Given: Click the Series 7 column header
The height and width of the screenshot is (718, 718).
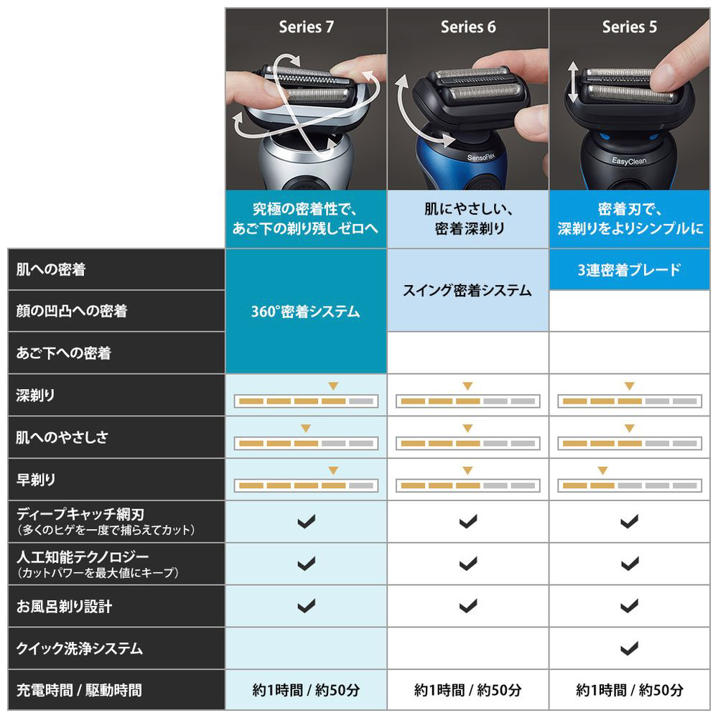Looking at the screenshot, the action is [x=306, y=27].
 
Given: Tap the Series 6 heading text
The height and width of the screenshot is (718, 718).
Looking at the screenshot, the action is [x=468, y=27].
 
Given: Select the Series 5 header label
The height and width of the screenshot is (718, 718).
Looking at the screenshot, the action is [x=629, y=27].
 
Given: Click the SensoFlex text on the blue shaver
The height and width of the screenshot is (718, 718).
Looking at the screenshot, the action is [x=481, y=157].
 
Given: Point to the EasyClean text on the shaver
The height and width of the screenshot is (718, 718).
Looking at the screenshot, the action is [x=629, y=161].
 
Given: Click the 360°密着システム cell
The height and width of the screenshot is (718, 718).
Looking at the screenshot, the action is [x=306, y=312].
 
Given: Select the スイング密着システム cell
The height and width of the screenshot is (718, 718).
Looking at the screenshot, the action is [x=467, y=290].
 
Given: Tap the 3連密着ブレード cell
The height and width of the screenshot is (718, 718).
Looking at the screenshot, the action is [x=629, y=270].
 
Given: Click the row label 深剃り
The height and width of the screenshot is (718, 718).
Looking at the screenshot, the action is [x=35, y=395].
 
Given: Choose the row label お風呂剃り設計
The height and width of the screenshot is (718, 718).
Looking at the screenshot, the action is [x=64, y=606].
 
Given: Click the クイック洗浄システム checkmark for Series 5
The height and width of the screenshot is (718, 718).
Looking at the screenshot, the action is [x=629, y=648].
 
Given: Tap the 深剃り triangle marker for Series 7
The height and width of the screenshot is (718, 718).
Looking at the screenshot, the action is [x=333, y=386].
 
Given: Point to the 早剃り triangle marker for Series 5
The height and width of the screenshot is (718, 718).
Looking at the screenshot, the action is [x=602, y=470].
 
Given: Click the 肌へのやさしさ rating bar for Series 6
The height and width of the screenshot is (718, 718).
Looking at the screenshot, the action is [x=467, y=443].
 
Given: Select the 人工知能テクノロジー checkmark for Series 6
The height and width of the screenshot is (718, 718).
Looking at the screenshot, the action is [x=468, y=563].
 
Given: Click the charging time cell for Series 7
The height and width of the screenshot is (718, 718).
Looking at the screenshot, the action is [x=306, y=689].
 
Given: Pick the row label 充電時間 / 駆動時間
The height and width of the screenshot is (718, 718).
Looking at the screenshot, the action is [x=79, y=689].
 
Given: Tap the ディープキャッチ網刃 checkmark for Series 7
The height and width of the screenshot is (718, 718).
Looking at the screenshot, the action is [x=307, y=521].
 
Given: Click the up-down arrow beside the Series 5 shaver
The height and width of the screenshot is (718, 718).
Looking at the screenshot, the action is [x=573, y=82].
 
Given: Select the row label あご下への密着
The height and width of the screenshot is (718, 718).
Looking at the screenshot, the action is [x=64, y=353].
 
